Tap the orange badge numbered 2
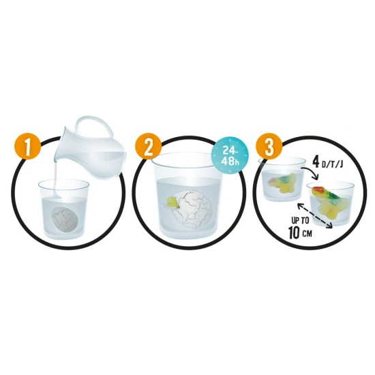coord(148,147)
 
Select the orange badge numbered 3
coord(269,147)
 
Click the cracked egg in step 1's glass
coord(64,219)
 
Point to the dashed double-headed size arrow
coord(315,215)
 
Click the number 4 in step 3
coord(316,163)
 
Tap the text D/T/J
coord(331,165)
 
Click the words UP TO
coord(300,220)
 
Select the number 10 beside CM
coord(294,232)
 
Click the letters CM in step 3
coord(307,234)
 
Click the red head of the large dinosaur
coord(316,191)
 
